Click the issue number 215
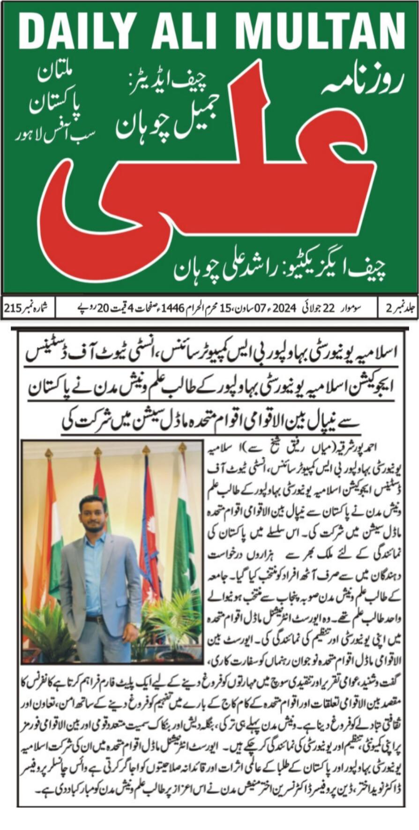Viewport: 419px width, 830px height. coord(13,308)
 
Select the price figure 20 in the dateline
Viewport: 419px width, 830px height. coord(102,308)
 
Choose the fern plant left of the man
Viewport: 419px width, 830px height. coord(47,630)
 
